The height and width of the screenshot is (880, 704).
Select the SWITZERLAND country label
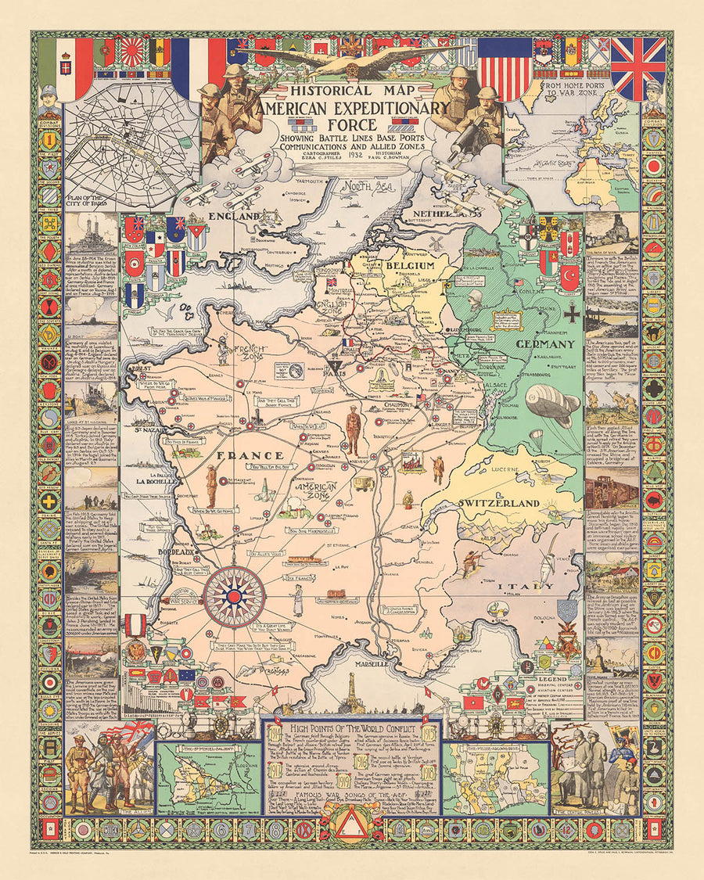498,502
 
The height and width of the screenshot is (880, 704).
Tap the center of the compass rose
234,597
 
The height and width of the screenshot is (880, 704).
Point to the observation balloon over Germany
552,404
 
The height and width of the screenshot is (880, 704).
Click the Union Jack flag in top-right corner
638,68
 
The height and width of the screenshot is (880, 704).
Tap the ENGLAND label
233,214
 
